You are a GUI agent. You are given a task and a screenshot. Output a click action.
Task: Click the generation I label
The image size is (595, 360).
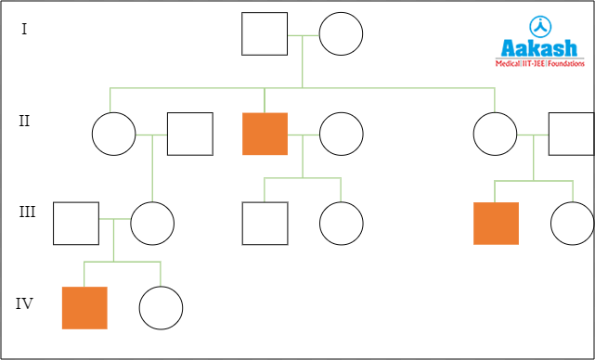point(24,29)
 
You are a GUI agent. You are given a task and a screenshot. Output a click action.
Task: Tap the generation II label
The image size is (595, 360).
point(25,121)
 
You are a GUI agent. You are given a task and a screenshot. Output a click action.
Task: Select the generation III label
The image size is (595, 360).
point(27,212)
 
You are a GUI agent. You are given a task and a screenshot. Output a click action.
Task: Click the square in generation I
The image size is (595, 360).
point(265,34)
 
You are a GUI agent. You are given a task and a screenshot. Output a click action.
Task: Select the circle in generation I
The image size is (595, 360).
point(341,34)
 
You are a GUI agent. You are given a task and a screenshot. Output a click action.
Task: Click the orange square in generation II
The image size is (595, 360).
point(265,134)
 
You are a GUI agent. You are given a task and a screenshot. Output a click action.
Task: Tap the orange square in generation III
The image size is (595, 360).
point(496,223)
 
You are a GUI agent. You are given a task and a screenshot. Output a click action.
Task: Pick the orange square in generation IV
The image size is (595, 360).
point(84,307)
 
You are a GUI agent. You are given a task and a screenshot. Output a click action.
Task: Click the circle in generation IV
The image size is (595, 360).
point(161,307)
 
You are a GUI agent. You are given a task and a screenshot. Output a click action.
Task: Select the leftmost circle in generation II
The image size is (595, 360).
point(114,134)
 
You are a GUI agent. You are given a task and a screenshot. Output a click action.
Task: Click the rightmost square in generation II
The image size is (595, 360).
point(571,134)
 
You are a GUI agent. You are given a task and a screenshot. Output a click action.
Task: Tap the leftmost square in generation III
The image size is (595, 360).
point(76,223)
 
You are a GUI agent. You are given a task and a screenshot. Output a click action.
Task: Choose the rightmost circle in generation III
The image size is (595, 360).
point(572,223)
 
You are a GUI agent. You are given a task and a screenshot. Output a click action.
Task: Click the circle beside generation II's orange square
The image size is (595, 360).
point(341,134)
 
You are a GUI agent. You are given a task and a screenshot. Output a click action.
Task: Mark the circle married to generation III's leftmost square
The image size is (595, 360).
point(152,223)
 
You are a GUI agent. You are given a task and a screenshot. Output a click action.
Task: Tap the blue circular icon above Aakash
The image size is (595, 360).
point(538,26)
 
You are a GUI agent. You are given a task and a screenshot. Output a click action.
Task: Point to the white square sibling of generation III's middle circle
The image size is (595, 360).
point(265,223)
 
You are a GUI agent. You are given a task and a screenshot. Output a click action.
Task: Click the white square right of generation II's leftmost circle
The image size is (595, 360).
point(189,134)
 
